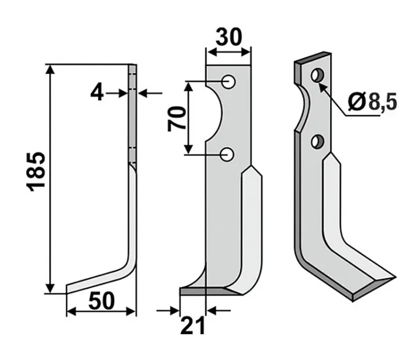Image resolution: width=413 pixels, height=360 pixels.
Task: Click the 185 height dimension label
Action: pos(36,171)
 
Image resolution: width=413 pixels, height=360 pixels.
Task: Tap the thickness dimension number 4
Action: pos(97,93)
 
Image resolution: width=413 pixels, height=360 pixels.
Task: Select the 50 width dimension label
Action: pos(101,301)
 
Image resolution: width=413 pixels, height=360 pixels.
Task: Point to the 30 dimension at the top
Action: pos(229,37)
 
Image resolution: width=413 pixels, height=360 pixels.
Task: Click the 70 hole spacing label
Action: pos(176,119)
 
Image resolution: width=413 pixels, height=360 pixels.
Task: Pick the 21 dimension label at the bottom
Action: pos(193,325)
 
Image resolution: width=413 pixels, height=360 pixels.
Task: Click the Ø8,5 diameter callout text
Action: pos(372,102)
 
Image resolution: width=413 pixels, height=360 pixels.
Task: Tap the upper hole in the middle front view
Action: pos(228,82)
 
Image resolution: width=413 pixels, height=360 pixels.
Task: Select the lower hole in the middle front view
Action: pos(227,154)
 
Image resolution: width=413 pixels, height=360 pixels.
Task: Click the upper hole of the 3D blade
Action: pos(317,75)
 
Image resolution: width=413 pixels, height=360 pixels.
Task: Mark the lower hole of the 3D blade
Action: pos(317,141)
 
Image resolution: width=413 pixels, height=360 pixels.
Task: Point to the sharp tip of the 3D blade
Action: pos(395,277)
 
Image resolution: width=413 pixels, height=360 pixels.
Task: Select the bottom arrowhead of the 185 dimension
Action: pos(50,288)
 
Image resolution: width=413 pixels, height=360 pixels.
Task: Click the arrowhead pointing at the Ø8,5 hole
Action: pos(322,86)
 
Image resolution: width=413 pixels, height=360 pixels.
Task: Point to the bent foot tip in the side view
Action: pos(67,289)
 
